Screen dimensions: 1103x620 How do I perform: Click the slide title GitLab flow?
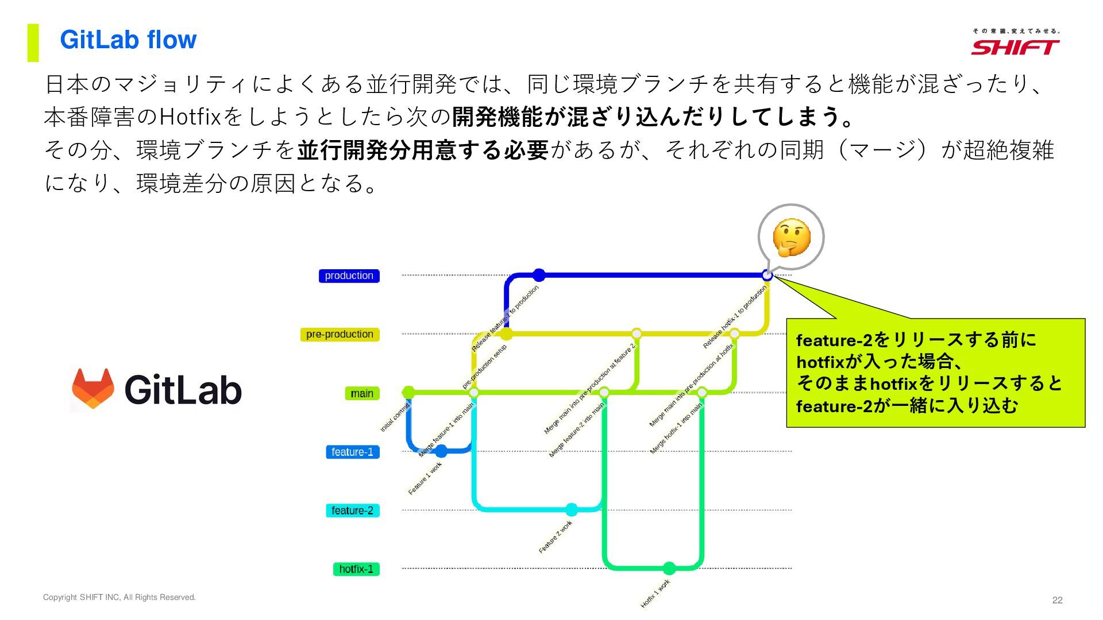point(128,40)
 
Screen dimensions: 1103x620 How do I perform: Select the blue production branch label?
point(349,276)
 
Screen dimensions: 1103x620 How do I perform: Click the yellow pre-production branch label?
point(340,334)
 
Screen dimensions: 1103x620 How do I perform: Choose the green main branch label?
point(362,393)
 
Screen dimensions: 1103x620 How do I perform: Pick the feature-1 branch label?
point(352,452)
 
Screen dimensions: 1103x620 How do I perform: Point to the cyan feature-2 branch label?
point(352,510)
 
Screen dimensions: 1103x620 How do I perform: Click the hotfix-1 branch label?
point(356,569)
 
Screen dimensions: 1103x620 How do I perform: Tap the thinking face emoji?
point(791,237)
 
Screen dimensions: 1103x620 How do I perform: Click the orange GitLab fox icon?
point(92,389)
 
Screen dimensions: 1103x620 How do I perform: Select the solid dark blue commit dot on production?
point(538,275)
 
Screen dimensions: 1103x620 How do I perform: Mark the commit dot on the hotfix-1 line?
point(669,568)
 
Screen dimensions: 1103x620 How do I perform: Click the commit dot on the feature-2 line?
point(571,510)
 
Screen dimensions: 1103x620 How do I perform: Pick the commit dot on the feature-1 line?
point(441,451)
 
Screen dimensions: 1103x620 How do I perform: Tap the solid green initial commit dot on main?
point(408,393)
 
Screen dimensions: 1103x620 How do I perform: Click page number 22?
point(1057,600)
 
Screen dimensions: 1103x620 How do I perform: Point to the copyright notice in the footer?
point(119,598)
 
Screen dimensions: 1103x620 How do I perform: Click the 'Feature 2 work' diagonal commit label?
point(555,537)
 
